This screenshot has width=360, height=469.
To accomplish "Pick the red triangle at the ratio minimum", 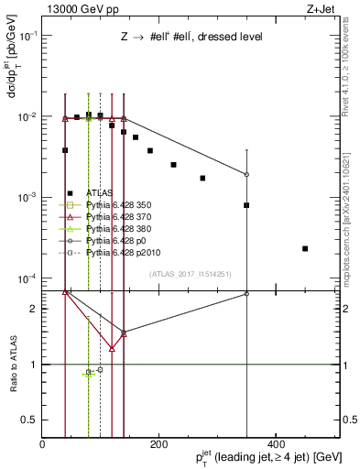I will click(x=112, y=348).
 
